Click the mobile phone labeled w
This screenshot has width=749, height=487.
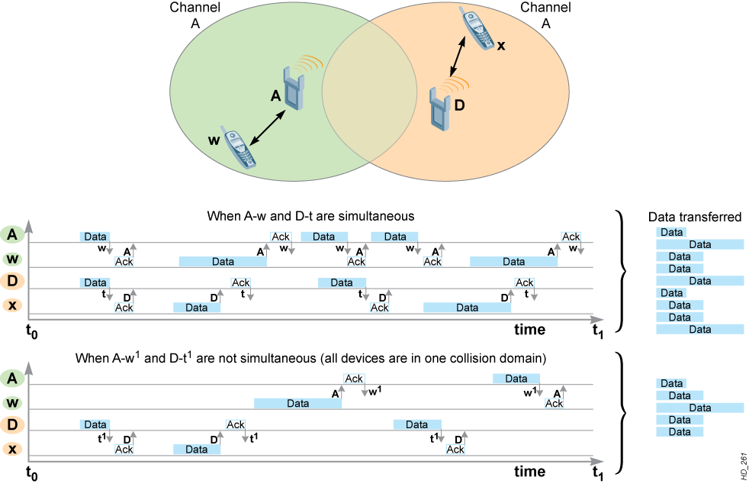(x=238, y=147)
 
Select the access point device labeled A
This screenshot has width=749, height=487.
(x=294, y=89)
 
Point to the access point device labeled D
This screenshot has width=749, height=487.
(x=439, y=108)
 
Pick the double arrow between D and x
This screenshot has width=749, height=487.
(x=457, y=57)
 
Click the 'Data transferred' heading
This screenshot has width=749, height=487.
(x=695, y=217)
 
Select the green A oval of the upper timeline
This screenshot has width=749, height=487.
(x=12, y=234)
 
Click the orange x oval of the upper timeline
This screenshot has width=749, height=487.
(x=12, y=305)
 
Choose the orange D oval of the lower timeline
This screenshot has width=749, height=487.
(x=12, y=424)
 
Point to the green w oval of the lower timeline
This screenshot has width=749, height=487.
(x=12, y=402)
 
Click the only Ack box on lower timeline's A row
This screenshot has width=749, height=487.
(x=354, y=379)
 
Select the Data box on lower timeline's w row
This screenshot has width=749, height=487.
(x=297, y=403)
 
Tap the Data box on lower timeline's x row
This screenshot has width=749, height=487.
(x=196, y=450)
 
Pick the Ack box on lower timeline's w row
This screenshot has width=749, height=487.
(x=554, y=403)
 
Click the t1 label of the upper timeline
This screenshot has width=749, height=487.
(x=597, y=331)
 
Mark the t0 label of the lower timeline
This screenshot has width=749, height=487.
(x=31, y=473)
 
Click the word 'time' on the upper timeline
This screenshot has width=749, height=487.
(x=530, y=329)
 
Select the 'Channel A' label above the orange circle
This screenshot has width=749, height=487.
(x=545, y=15)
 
